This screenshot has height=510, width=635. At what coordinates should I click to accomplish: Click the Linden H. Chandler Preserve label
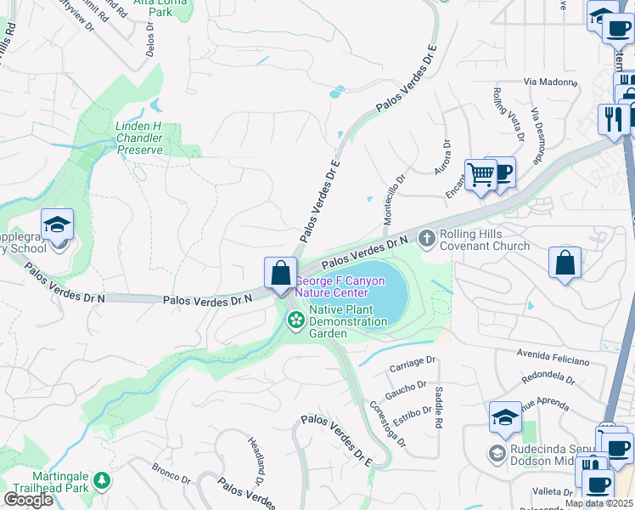(x=138, y=138)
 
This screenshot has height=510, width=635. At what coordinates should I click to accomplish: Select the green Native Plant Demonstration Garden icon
(x=295, y=320)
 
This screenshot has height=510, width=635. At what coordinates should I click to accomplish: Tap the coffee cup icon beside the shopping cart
(x=503, y=171)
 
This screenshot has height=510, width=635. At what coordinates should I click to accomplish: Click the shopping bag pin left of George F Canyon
(x=280, y=274)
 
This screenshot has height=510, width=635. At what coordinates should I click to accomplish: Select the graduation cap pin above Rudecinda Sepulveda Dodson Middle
(x=505, y=417)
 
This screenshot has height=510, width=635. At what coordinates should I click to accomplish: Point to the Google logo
(x=28, y=500)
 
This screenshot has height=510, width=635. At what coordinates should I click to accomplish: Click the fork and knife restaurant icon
(x=611, y=117)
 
